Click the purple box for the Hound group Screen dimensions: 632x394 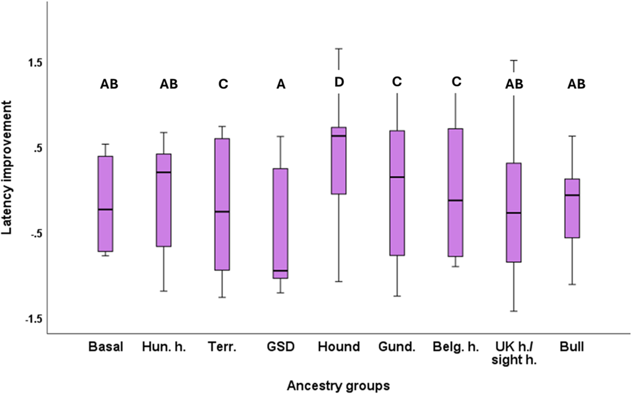click(339, 160)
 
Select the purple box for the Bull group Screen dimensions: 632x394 click(572, 208)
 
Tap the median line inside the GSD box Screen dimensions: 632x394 click(280, 270)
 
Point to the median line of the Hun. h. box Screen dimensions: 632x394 click(163, 172)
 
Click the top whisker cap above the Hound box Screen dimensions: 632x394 click(339, 49)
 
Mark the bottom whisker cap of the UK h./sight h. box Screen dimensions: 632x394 click(514, 311)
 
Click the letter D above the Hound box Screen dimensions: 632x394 click(339, 82)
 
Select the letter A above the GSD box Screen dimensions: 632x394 click(281, 84)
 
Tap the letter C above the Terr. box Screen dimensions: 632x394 click(223, 84)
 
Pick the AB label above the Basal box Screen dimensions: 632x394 click(109, 84)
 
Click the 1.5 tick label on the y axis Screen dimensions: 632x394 click(34, 64)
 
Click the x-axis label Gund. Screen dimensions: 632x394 click(397, 347)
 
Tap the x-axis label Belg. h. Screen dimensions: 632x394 click(456, 347)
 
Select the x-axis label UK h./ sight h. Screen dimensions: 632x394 click(514, 353)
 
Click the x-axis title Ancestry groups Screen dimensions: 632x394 click(338, 386)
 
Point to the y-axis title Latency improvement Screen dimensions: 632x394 click(7, 167)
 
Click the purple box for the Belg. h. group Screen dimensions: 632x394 click(455, 192)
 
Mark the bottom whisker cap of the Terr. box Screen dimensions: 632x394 click(222, 298)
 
